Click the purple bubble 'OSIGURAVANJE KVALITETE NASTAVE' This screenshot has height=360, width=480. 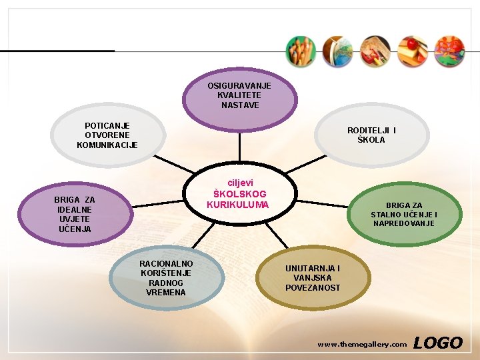(240, 96)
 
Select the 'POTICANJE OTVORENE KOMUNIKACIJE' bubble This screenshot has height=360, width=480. (108, 135)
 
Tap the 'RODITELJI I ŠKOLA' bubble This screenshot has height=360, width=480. (371, 135)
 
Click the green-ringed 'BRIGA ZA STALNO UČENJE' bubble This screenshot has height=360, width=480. (404, 215)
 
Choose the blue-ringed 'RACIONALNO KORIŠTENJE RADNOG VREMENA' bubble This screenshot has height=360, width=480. (167, 278)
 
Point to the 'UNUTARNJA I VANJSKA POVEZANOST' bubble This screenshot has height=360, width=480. (313, 278)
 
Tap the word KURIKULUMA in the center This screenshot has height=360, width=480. (238, 205)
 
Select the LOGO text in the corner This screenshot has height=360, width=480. (437, 343)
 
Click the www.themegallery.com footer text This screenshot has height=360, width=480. (362, 345)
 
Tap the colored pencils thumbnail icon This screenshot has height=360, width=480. (301, 51)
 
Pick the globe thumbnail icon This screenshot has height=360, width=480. (337, 51)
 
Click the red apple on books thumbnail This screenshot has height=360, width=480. (412, 51)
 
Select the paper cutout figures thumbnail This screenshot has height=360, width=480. (449, 51)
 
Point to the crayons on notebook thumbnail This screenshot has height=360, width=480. (375, 51)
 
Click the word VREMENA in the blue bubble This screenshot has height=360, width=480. (167, 293)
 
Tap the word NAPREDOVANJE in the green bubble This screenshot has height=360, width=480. (404, 223)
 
